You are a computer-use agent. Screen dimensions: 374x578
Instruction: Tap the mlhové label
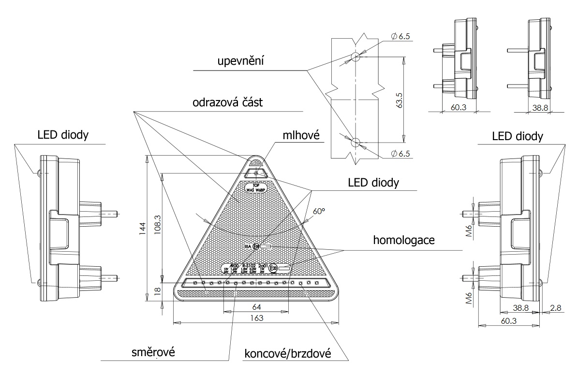303,136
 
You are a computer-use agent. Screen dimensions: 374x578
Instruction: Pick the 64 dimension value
256,306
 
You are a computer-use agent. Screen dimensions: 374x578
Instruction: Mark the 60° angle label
318,211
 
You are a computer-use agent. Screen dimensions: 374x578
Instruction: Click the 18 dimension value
155,290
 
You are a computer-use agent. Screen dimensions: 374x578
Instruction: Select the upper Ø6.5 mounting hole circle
356,57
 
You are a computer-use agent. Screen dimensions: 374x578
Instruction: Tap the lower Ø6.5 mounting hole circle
356,142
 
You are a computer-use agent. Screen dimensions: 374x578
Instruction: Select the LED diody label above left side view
62,135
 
